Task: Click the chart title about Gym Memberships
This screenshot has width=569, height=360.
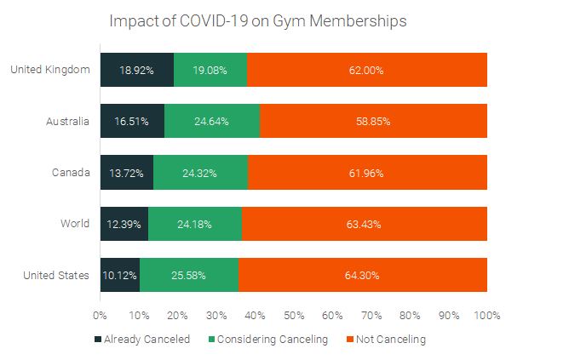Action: (x=258, y=21)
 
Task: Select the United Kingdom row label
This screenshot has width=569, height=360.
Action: (x=50, y=70)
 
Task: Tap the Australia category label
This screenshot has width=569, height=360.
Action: (x=67, y=122)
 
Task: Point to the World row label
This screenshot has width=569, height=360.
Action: (x=74, y=225)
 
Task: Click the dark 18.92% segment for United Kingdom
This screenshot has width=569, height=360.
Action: (x=137, y=70)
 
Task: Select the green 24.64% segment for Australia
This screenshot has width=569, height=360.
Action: (x=212, y=122)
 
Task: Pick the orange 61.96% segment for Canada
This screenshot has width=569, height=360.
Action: (x=367, y=173)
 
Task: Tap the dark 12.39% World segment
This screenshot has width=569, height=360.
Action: (x=124, y=225)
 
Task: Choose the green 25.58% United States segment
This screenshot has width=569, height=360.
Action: (x=189, y=276)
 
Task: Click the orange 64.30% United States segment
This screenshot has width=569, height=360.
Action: (x=363, y=276)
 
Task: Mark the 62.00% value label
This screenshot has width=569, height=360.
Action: (x=367, y=70)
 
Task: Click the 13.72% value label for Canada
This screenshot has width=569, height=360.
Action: (x=126, y=173)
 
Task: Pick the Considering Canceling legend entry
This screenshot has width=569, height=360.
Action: (x=267, y=340)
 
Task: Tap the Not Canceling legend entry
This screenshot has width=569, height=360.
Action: (x=385, y=340)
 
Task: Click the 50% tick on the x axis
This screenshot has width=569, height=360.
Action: (x=294, y=315)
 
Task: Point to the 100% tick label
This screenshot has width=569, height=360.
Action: (x=487, y=315)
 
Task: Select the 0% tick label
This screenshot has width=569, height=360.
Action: (x=101, y=315)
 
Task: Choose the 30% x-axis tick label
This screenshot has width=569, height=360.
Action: (x=216, y=315)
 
